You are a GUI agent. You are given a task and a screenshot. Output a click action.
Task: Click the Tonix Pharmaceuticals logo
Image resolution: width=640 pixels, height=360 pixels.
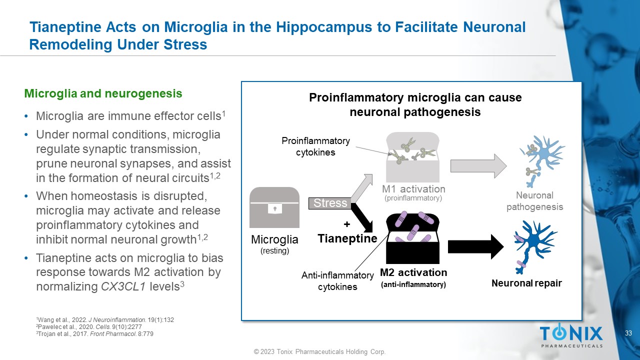click(571, 335)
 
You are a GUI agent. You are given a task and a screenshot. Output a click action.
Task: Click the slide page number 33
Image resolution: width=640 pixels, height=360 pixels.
click(629, 333)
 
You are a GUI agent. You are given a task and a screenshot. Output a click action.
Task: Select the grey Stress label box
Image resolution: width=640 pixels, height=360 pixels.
click(330, 203)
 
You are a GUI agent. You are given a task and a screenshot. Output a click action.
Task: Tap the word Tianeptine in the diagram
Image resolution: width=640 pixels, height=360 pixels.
click(347, 238)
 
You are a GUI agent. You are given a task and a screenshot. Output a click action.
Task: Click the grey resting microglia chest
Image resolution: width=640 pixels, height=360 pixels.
click(274, 208)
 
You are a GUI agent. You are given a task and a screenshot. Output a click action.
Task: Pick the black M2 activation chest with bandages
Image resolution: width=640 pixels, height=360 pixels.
click(412, 238)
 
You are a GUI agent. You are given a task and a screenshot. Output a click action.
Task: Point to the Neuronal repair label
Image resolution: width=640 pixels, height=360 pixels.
click(526, 283)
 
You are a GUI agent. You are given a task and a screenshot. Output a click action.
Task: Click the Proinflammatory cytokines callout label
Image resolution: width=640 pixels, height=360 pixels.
click(315, 146)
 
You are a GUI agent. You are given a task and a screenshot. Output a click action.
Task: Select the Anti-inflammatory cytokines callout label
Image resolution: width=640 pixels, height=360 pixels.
click(337, 281)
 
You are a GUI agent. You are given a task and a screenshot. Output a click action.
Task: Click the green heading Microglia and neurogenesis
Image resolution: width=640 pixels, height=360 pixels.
click(103, 93)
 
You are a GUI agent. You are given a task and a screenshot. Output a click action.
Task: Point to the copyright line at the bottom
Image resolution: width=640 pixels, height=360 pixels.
click(319, 352)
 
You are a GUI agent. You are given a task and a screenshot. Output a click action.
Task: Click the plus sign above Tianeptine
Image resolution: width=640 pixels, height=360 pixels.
click(346, 225)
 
